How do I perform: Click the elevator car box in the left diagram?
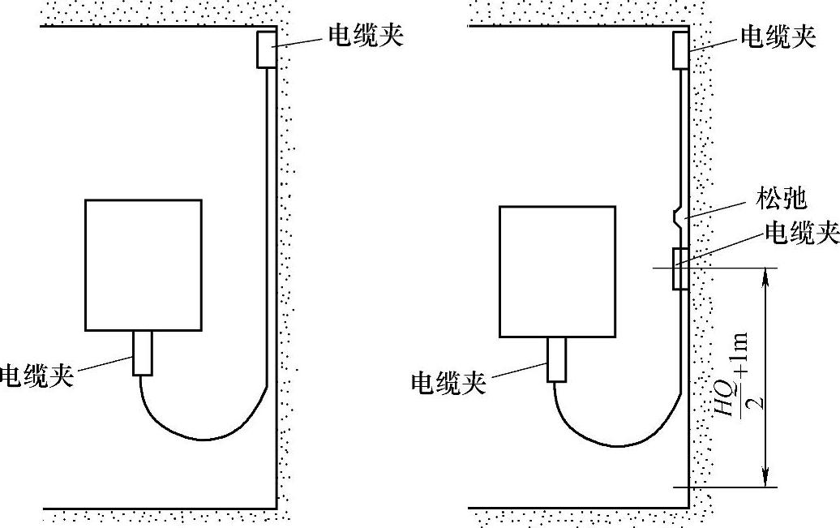click(x=144, y=265)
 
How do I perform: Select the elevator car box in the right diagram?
click(x=558, y=271)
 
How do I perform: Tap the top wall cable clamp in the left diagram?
click(x=267, y=49)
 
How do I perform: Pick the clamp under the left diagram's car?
click(x=143, y=353)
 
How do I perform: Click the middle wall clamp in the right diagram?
click(x=680, y=268)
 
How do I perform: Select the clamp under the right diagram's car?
click(x=557, y=359)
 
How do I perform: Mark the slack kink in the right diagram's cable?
click(x=677, y=217)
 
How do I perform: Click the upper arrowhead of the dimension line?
click(x=763, y=274)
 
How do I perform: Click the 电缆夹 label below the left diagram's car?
click(x=36, y=376)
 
